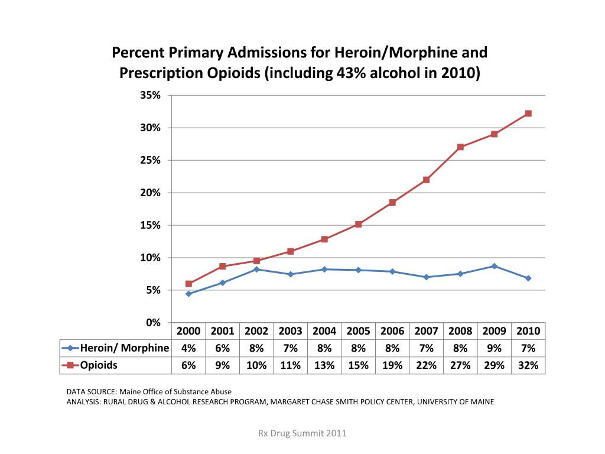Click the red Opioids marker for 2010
[528, 113]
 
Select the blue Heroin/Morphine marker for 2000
[188, 294]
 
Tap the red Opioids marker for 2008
[460, 147]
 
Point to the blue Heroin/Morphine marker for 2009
[494, 266]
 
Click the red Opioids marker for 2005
[358, 224]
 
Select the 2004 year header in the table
[324, 331]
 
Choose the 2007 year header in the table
[426, 331]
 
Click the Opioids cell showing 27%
[460, 365]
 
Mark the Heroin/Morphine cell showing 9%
[494, 348]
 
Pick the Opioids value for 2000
[188, 365]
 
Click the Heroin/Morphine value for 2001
[222, 348]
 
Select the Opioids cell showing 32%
[528, 365]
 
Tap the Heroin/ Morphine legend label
[124, 348]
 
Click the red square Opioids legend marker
[70, 365]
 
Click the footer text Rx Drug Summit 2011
[302, 433]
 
